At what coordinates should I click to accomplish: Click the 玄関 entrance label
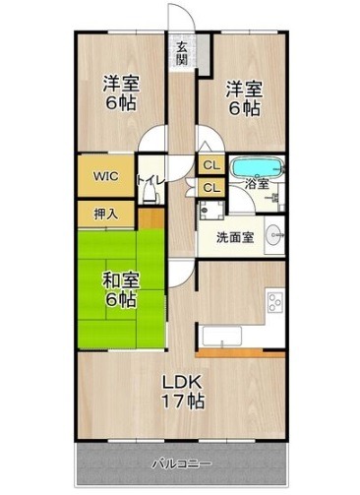[x=182, y=53]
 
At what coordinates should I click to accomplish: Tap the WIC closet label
[x=105, y=176]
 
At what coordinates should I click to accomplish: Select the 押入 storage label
[x=105, y=215]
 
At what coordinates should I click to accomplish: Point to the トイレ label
[x=150, y=181]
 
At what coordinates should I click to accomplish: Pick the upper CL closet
[x=211, y=165]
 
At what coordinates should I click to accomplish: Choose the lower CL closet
[x=211, y=188]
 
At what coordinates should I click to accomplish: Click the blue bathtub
[x=258, y=167]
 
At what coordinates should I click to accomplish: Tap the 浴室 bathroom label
[x=258, y=184]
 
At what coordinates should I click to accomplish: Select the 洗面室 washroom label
[x=235, y=237]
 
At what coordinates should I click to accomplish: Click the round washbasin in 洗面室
[x=274, y=234]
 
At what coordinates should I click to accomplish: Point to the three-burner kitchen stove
[x=274, y=303]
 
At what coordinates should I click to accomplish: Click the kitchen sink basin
[x=222, y=336]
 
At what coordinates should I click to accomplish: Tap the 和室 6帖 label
[x=121, y=290]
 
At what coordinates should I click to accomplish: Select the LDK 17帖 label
[x=183, y=391]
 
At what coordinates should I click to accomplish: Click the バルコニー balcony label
[x=182, y=464]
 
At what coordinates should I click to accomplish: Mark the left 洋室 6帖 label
[x=121, y=93]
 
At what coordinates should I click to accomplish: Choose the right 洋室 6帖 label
[x=243, y=98]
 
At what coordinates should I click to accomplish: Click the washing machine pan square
[x=211, y=210]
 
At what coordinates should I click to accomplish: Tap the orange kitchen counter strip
[x=240, y=353]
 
